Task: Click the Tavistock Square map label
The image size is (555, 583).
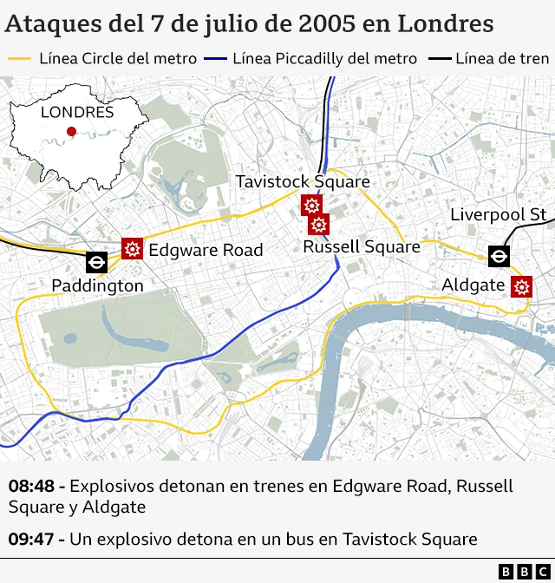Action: point(303,182)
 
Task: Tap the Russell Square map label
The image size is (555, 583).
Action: point(361,247)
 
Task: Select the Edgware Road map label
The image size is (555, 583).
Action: point(206,250)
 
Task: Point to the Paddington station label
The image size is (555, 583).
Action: point(97,285)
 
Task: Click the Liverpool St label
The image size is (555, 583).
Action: point(498,215)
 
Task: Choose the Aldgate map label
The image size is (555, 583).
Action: point(473,285)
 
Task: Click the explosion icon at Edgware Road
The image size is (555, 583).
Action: point(133,249)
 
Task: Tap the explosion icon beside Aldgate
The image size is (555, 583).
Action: point(521,286)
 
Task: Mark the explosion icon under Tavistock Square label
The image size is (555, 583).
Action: point(311,206)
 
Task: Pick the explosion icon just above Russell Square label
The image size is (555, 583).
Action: point(319,225)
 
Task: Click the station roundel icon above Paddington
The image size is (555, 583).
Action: point(96,262)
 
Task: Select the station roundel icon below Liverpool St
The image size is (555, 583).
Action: point(498,256)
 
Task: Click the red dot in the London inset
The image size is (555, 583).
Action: point(71,132)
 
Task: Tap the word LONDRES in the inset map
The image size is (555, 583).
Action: point(76,112)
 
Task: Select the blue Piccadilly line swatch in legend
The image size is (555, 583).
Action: point(215,59)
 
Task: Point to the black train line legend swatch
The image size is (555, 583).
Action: point(440,59)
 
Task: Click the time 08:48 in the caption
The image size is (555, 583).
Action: point(33,487)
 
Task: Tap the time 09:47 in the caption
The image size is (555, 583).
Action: point(33,540)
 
